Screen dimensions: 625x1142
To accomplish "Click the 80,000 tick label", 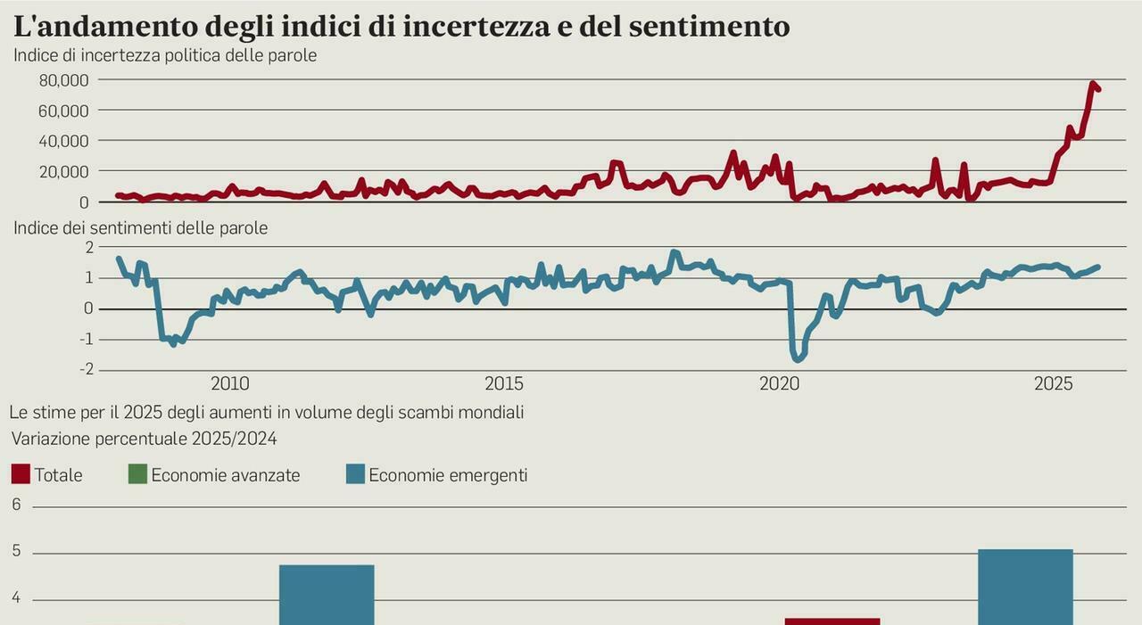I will click(x=63, y=80).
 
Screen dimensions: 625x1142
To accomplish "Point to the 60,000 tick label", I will click(x=63, y=111).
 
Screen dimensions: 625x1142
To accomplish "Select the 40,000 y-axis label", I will click(x=63, y=141).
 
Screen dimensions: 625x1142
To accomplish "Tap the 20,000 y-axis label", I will click(x=63, y=171).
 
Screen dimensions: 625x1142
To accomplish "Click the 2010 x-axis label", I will click(x=230, y=384).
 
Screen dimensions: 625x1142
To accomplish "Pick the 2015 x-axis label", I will click(x=504, y=384).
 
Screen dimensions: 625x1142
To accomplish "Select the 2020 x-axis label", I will click(x=779, y=384).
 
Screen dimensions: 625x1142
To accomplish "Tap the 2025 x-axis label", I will click(x=1053, y=384).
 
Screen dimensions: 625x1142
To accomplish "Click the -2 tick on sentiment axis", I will click(x=87, y=370).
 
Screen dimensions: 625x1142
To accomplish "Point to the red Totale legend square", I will click(x=21, y=474).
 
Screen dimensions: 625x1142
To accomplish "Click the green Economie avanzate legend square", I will click(x=137, y=474).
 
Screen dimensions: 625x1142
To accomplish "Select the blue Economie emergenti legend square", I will click(x=355, y=474).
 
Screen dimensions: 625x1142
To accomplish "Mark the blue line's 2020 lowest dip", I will click(x=798, y=358).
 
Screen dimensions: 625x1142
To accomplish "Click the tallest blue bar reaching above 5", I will click(x=1025, y=587).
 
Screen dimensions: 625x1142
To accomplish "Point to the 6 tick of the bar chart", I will click(x=16, y=505).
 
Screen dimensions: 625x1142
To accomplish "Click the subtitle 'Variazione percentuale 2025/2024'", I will click(x=144, y=439).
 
